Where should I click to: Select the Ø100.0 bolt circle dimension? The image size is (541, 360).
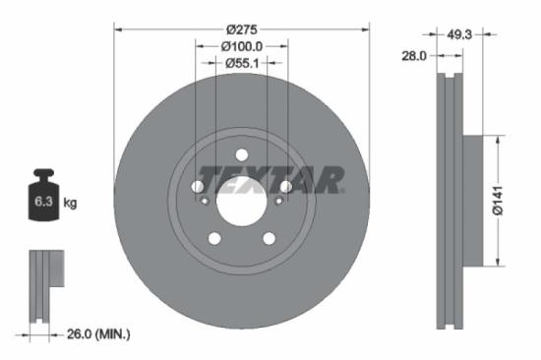241,45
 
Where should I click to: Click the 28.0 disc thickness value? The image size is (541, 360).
413,56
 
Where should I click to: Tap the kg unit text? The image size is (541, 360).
71,204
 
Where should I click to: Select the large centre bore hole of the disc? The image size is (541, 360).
241,202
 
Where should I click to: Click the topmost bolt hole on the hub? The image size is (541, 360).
241,153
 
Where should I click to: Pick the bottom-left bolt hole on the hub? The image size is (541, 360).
213,238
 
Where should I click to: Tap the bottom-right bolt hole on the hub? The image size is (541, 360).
269,238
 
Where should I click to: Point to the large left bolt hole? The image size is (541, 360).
197,186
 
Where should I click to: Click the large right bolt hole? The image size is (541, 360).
285,186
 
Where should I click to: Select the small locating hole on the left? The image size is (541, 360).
204,202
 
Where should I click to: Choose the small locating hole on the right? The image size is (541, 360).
278,202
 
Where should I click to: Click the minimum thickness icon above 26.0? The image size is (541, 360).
45,285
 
